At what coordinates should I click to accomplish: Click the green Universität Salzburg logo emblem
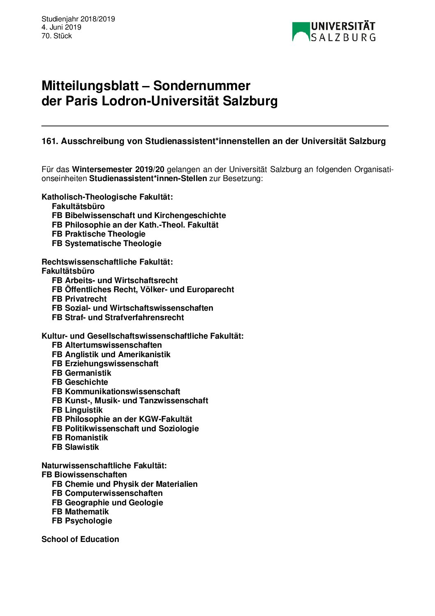click(x=301, y=32)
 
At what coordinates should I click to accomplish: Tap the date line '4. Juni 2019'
click(x=61, y=27)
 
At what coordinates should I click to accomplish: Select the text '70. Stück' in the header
click(x=57, y=36)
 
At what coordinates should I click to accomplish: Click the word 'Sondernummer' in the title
click(x=201, y=86)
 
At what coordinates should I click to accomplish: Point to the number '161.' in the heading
click(x=50, y=141)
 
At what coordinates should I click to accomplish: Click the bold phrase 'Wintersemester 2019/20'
click(x=118, y=169)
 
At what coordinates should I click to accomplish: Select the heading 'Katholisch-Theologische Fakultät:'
click(x=107, y=197)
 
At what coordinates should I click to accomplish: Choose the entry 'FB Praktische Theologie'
click(x=99, y=234)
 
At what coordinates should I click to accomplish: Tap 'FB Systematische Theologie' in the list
click(x=106, y=243)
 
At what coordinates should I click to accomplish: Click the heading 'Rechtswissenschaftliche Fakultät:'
click(x=107, y=262)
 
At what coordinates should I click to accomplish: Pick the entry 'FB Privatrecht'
click(x=79, y=299)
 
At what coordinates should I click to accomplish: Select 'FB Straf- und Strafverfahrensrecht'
click(x=118, y=317)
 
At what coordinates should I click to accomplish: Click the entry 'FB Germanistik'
click(x=81, y=373)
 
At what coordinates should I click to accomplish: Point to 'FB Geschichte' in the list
click(x=80, y=382)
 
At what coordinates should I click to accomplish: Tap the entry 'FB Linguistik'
click(x=77, y=410)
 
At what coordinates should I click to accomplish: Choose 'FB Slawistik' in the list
click(x=76, y=447)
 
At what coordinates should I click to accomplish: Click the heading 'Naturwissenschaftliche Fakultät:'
click(x=104, y=465)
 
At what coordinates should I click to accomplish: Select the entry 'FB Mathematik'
click(x=80, y=511)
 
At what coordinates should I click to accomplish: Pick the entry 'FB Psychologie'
click(x=82, y=521)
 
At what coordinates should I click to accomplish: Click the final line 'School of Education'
click(x=80, y=539)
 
